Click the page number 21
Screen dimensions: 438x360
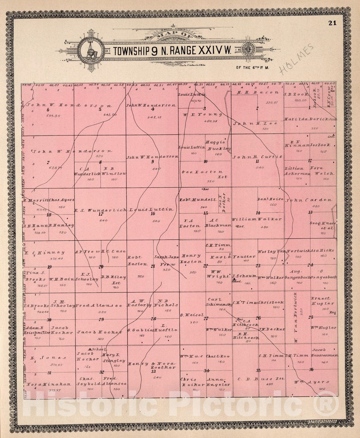pyautogui.click(x=332, y=23)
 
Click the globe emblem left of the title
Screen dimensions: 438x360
pyautogui.click(x=91, y=50)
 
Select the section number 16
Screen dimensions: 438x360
pyautogui.click(x=153, y=214)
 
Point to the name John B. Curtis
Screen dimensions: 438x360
pyautogui.click(x=257, y=157)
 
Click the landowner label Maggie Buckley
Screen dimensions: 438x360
pyautogui.click(x=217, y=146)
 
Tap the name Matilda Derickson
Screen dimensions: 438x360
pyautogui.click(x=310, y=119)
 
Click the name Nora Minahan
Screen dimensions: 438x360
pyautogui.click(x=48, y=384)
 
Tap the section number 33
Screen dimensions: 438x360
pyautogui.click(x=153, y=371)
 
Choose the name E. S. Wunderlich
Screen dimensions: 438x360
pyautogui.click(x=100, y=210)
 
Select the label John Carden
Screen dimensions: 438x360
pyautogui.click(x=309, y=200)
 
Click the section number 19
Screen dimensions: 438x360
pyautogui.click(x=49, y=267)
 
